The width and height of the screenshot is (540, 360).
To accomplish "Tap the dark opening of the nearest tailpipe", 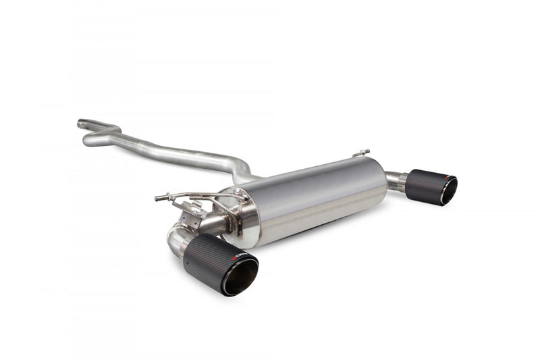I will coord(240,278).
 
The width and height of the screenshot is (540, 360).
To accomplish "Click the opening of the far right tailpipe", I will coord(448,190).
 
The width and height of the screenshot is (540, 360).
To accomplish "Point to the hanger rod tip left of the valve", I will coord(158,198).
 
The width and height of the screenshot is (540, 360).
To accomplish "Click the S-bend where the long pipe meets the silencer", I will coord(240,169).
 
